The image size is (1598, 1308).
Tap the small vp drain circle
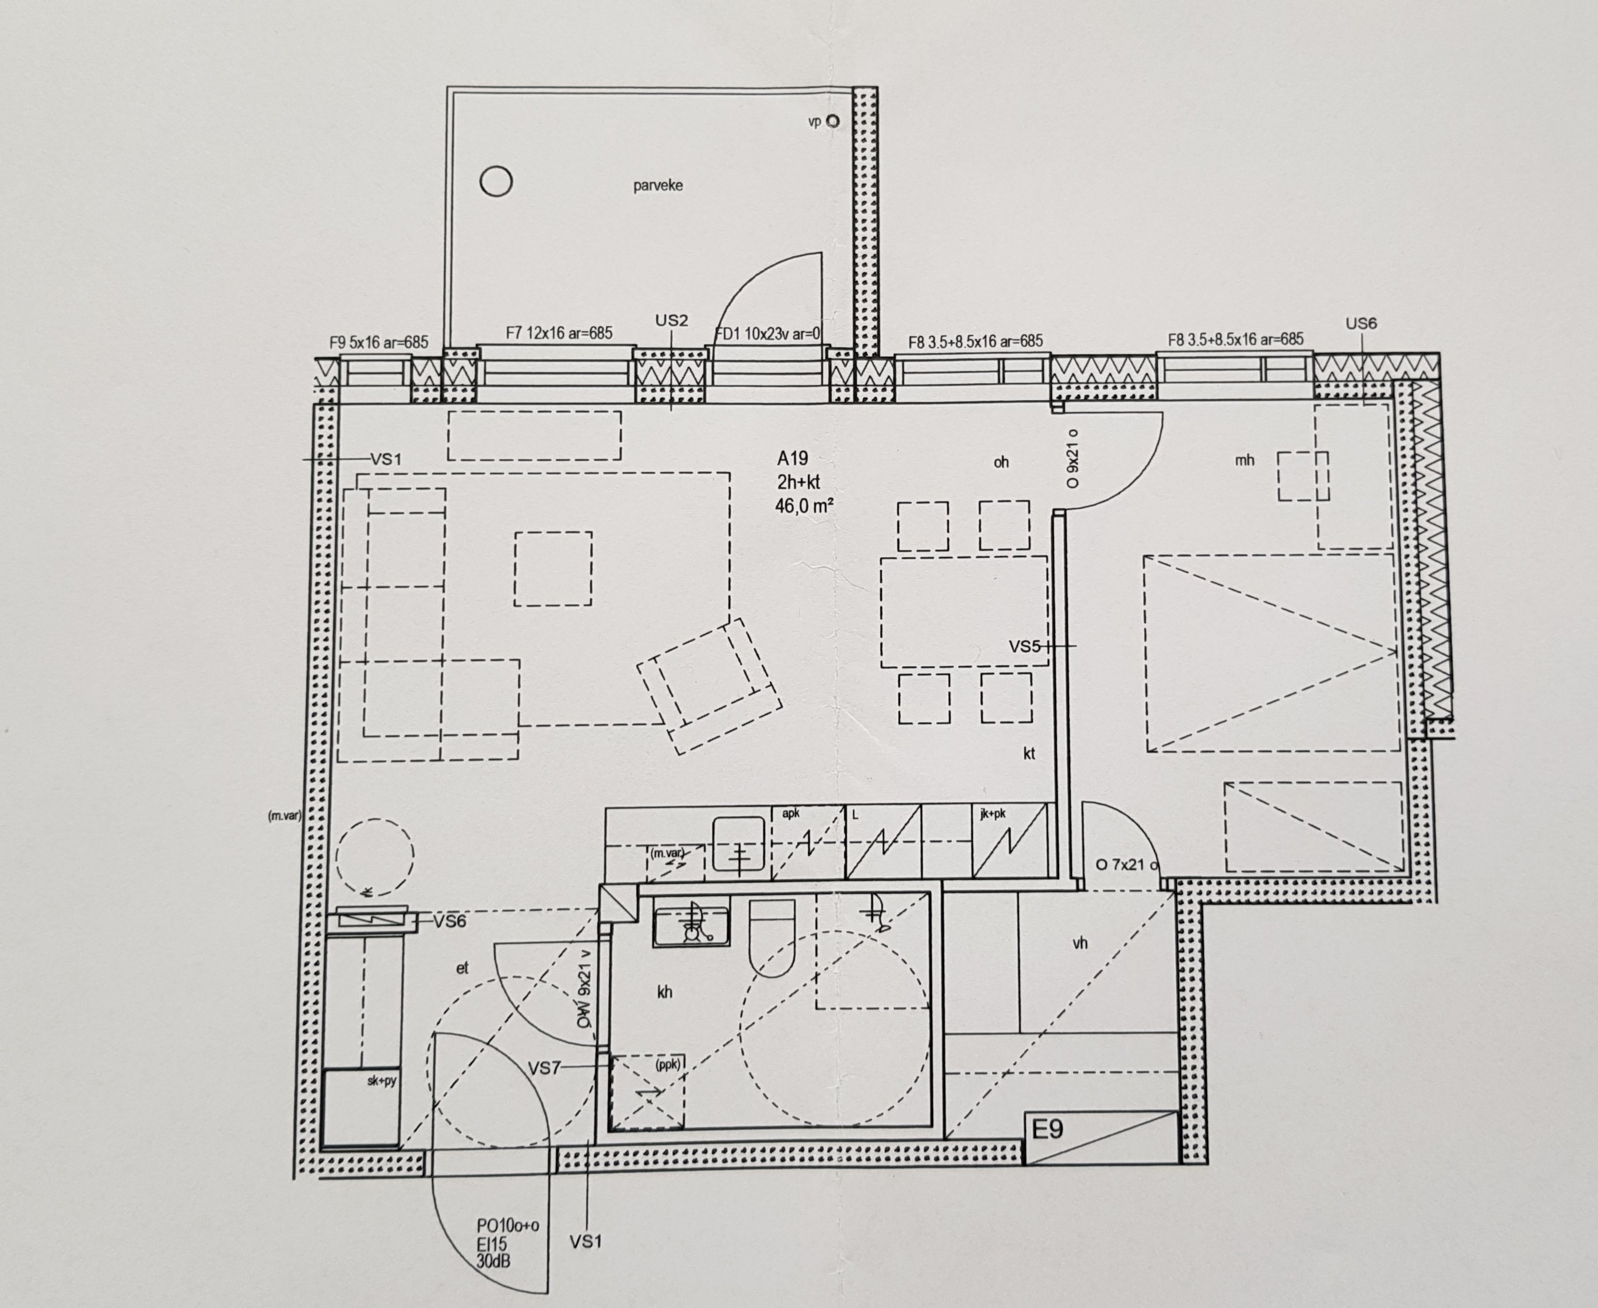832,121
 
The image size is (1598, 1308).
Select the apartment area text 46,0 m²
804,506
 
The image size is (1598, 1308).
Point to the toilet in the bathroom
772,938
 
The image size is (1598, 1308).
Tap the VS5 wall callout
1024,646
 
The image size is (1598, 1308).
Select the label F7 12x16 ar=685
559,333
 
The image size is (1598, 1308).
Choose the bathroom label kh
664,992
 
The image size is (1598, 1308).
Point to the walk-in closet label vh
1080,943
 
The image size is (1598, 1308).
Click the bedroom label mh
1244,460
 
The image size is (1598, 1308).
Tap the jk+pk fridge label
993,814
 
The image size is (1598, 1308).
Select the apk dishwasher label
791,813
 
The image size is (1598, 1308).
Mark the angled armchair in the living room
709,686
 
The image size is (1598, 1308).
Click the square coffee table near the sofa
553,569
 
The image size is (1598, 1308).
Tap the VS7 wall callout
544,1068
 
